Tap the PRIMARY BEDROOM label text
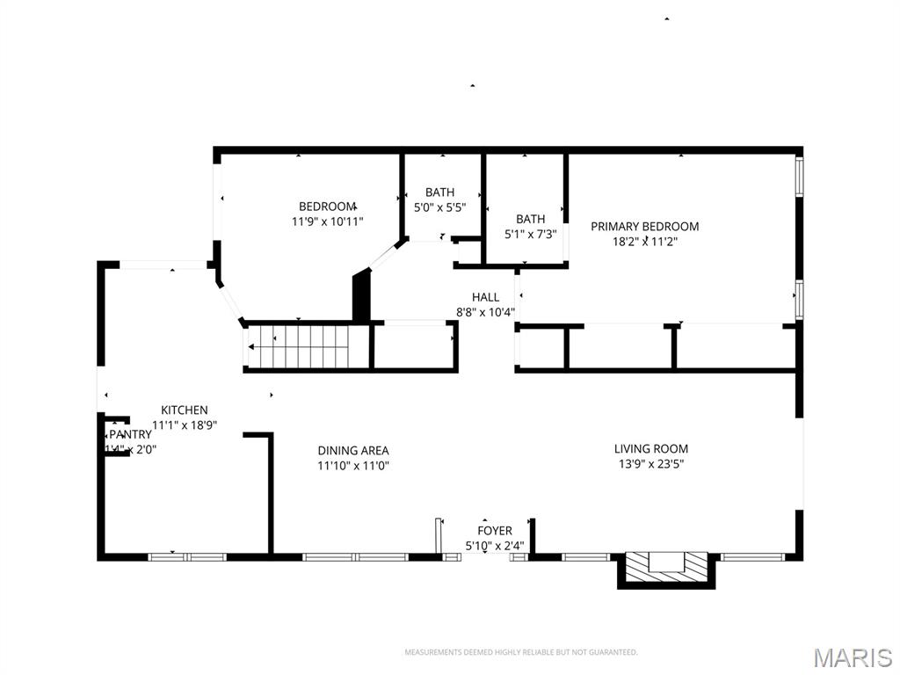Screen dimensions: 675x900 coord(644,226)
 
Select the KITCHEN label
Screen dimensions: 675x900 coord(185,410)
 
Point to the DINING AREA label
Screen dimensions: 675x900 coord(353,451)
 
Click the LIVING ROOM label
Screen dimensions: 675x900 coord(650,448)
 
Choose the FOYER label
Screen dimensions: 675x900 coord(495,531)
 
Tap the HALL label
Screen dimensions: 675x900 coord(485,297)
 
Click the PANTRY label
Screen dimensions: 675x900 coord(130,434)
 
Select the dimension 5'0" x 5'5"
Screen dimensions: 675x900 coord(439,207)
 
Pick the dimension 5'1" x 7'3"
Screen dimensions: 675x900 coord(530,234)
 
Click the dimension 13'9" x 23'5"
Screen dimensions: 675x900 coord(650,463)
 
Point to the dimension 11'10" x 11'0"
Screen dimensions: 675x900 coord(353,466)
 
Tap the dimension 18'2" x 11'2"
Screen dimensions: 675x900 coord(644,241)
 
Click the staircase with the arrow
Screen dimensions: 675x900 coord(299,346)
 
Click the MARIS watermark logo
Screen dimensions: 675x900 coord(852,657)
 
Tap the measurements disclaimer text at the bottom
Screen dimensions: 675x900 coord(520,652)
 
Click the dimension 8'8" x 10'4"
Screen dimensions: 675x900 coord(485,312)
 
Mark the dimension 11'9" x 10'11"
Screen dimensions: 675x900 coord(327,221)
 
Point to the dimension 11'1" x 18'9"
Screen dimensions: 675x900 coord(185,425)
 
